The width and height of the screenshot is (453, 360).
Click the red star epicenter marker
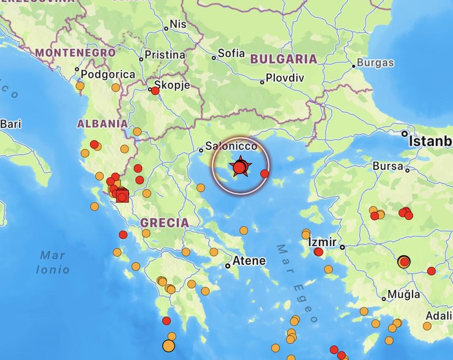point(240,167)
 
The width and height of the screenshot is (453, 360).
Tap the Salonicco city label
point(232,146)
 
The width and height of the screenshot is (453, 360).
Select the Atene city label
point(249,261)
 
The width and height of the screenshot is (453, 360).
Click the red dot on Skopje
point(155,90)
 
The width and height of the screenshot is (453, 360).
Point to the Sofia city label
point(231,53)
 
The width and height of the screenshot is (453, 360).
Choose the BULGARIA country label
point(283,59)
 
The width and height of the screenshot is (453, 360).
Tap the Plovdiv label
point(285,78)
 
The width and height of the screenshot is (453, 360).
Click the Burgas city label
point(376,63)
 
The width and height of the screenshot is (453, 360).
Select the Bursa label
point(387,167)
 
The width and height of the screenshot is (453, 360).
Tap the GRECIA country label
point(165,223)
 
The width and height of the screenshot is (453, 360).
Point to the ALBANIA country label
point(102,124)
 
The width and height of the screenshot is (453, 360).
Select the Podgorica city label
point(108,74)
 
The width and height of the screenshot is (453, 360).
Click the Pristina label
point(165,55)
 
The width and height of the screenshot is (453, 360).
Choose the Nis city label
point(178,24)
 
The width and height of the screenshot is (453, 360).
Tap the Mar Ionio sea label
point(53,262)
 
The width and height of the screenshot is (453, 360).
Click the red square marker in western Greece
point(122,196)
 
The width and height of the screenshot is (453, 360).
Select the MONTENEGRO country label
point(76,53)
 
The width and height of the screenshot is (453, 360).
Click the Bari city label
point(11,124)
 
